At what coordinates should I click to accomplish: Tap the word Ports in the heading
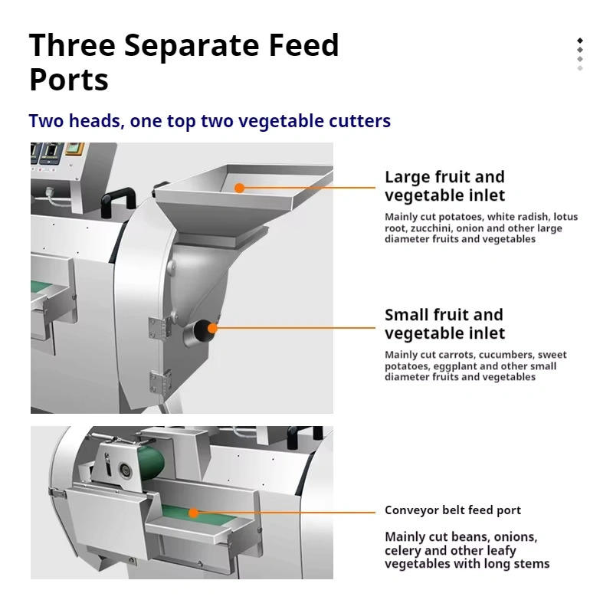coord(69,80)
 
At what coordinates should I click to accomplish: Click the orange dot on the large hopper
coord(239,188)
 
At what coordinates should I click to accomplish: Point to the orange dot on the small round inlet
coord(212,328)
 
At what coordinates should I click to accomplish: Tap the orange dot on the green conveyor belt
coord(193,513)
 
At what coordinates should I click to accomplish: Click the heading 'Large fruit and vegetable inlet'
coord(445,186)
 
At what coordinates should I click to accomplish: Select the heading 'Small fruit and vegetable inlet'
coord(445,324)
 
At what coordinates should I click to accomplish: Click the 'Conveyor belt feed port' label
coord(453,510)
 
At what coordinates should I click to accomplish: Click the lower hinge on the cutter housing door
coord(160,381)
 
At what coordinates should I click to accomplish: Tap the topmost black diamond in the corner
coord(580,41)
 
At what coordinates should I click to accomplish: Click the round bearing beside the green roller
coord(125,468)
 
